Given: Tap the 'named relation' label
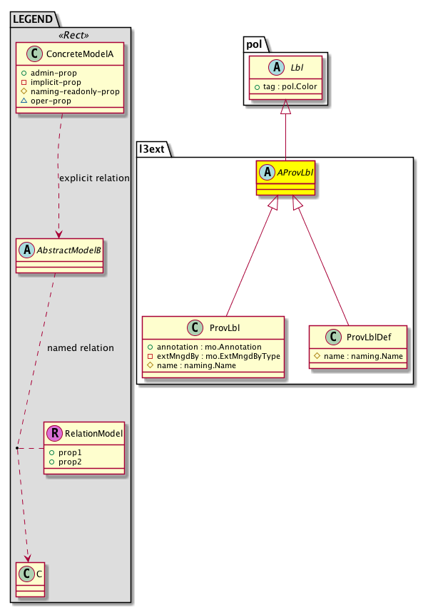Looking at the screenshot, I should (80, 348).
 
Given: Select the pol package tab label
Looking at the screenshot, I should (256, 44).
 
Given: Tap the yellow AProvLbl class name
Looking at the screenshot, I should (293, 172).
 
